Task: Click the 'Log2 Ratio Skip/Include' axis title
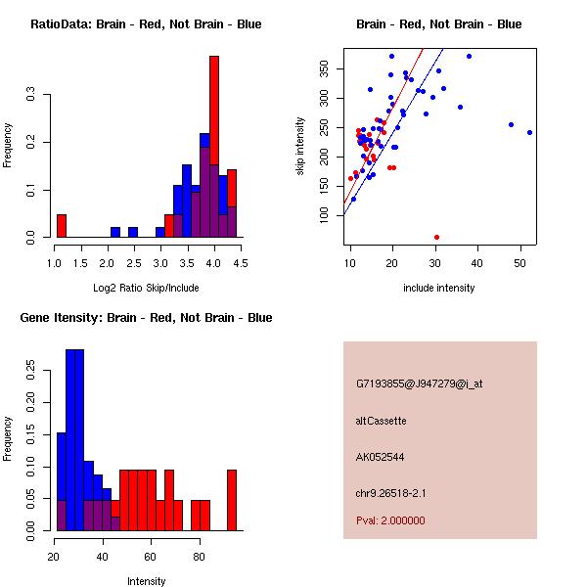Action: tap(146, 288)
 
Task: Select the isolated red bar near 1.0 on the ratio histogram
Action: tap(61, 226)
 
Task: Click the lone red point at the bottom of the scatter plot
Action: tap(436, 237)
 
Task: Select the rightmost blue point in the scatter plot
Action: tap(529, 132)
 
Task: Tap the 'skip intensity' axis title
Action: tap(301, 147)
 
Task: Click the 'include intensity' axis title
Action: tap(439, 288)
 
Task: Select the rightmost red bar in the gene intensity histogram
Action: tap(232, 499)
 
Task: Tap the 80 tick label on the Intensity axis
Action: tap(199, 556)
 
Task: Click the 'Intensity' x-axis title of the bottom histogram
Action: tap(146, 581)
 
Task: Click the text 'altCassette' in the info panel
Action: tap(381, 421)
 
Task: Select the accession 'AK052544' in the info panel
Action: tap(381, 457)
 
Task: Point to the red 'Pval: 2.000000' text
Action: tap(390, 520)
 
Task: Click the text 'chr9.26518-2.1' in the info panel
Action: tap(390, 492)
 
